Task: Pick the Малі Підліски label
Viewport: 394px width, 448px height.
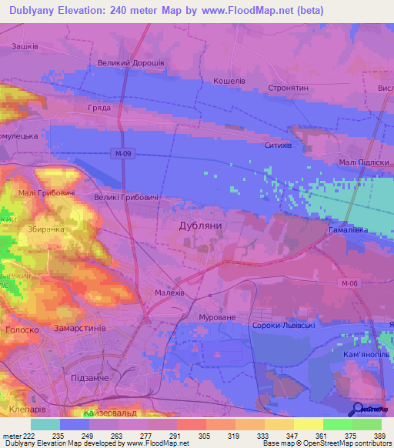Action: (361, 162)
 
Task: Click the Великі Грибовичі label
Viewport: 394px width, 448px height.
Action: (127, 199)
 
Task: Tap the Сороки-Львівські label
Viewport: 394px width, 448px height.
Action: (283, 326)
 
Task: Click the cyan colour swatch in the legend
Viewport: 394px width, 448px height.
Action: (45, 424)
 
